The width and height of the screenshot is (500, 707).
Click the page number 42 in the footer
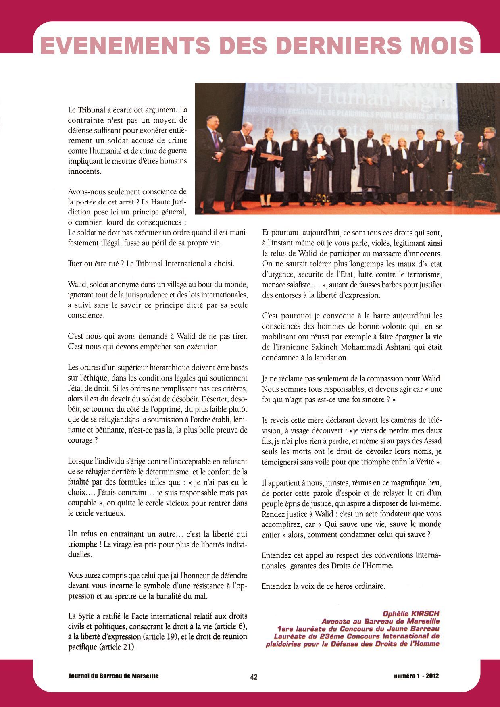(254, 677)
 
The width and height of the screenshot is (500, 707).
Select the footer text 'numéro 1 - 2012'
(416, 676)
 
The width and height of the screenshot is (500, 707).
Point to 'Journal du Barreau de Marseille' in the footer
(114, 676)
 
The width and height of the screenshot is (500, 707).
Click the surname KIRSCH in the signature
(425, 614)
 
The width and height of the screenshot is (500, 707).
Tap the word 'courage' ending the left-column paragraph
(81, 441)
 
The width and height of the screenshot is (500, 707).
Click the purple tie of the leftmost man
(216, 139)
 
